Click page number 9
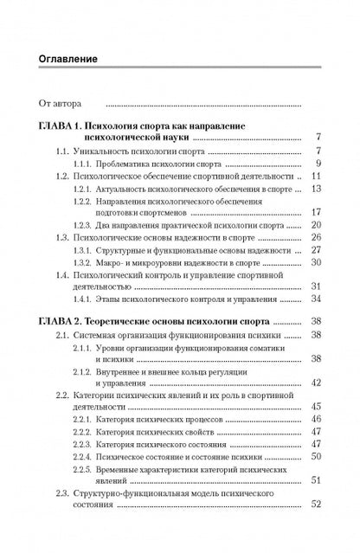tap(318, 163)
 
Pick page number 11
tap(317, 176)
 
